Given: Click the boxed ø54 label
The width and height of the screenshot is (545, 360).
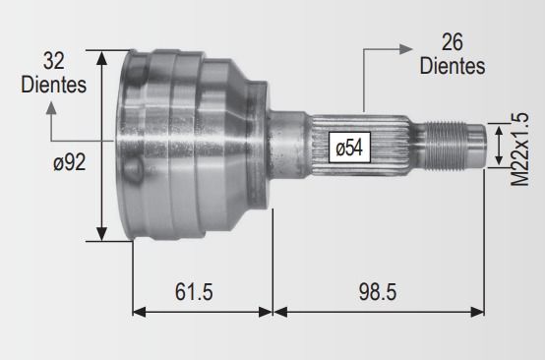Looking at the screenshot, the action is point(349,148).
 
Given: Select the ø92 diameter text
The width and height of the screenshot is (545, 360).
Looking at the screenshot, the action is point(70,162).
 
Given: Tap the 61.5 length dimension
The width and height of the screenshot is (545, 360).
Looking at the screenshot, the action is point(194,291).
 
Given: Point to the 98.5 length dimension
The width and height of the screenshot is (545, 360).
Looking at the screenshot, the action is point(378,291).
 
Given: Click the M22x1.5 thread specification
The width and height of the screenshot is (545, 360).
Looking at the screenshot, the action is point(519,150).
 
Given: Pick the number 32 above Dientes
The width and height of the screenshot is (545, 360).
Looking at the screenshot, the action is point(54,61).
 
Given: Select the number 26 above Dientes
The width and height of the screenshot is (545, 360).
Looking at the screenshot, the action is point(453,42).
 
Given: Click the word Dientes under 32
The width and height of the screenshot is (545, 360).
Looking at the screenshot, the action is point(53,85).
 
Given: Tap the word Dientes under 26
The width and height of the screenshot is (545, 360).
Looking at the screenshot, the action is point(453,66).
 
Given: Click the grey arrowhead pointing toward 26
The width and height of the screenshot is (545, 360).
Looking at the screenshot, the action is point(406,49).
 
